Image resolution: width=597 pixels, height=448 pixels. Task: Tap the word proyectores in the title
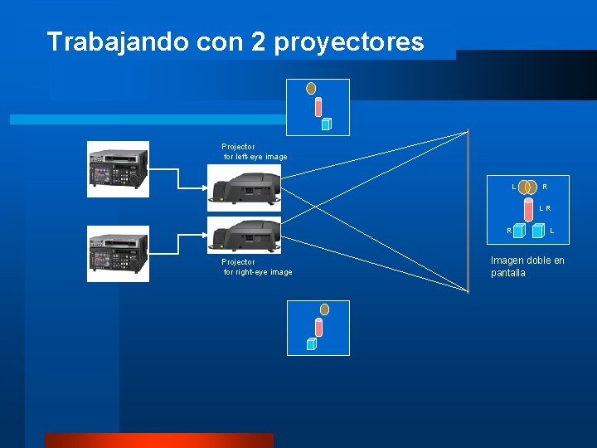point(357,42)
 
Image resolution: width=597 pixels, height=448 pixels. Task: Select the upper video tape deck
point(119,169)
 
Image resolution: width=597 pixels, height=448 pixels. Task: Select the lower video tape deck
point(119,254)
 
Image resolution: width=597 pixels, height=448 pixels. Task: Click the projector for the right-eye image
point(244,235)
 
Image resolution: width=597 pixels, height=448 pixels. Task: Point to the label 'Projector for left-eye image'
point(255,152)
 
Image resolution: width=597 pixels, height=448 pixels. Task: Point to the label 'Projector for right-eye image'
point(257,267)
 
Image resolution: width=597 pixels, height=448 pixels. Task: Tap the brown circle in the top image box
point(311,87)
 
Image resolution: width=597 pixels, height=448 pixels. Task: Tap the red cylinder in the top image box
point(318,107)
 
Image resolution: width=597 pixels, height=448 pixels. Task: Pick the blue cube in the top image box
point(326,124)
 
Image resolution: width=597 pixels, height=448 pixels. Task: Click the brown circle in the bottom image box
point(324,309)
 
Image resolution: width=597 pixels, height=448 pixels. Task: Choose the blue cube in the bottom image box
point(312,343)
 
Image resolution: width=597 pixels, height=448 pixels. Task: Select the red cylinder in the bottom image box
point(318,329)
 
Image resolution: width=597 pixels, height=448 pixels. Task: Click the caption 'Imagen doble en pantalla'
point(527,266)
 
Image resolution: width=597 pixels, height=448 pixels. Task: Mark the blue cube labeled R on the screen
point(519,231)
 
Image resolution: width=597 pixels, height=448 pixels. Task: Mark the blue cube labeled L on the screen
point(538,231)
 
